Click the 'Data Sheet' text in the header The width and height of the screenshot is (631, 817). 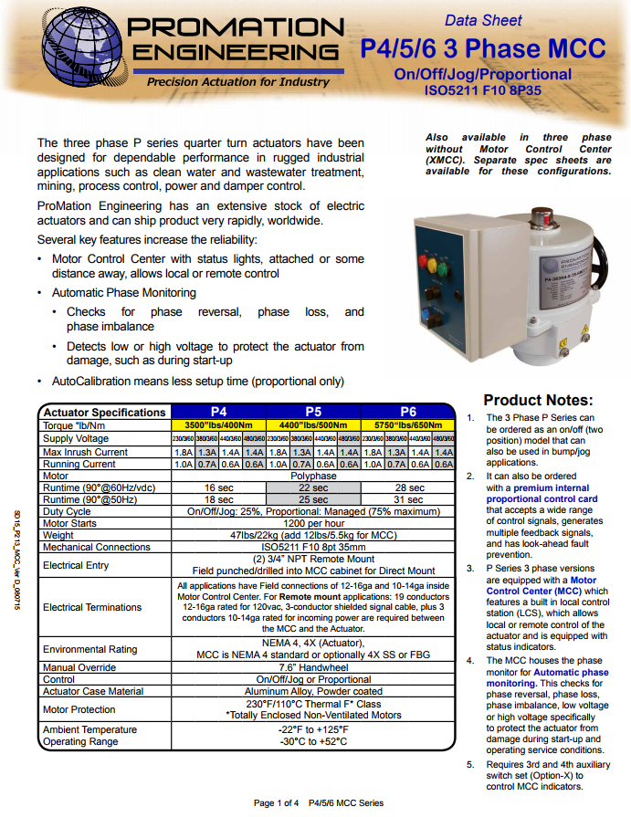[483, 20]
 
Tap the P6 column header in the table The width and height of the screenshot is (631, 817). [408, 412]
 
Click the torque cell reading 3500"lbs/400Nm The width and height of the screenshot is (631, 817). [218, 425]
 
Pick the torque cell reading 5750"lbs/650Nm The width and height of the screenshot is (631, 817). [408, 425]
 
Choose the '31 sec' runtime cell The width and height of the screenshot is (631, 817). [408, 500]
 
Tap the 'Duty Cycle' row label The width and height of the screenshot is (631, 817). [68, 512]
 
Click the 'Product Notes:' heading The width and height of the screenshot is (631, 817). [538, 400]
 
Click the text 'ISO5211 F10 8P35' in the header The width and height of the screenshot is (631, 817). [482, 91]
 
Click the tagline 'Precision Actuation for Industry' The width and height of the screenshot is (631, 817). [238, 82]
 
